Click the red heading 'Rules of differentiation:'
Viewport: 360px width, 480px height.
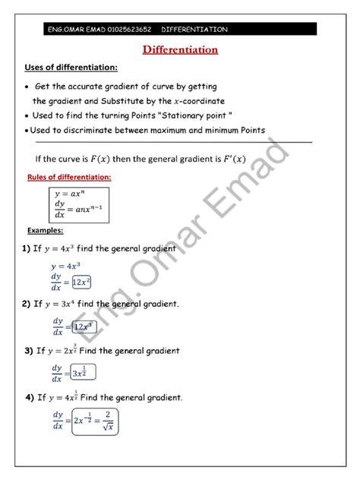[68, 177]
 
